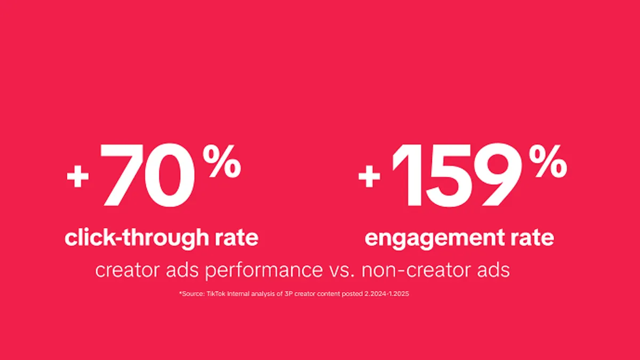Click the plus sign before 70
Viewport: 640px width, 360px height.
click(77, 177)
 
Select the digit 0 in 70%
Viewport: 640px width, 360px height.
click(170, 175)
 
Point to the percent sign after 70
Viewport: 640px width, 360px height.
click(222, 161)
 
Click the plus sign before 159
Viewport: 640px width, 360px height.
click(369, 177)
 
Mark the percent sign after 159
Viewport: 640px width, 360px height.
click(548, 161)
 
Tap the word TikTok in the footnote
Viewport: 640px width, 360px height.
click(215, 294)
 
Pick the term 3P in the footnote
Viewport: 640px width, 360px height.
click(289, 294)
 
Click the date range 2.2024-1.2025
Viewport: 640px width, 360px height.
click(387, 294)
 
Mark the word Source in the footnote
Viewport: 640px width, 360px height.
click(193, 294)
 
